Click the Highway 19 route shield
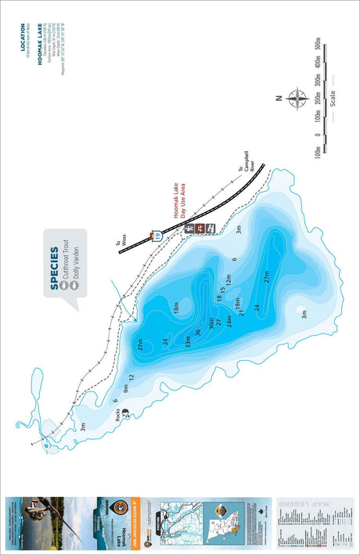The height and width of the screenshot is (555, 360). (x=157, y=235)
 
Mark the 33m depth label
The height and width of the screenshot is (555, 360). (x=188, y=341)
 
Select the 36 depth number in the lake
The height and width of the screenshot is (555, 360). (x=198, y=331)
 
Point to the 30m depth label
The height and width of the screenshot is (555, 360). (x=211, y=321)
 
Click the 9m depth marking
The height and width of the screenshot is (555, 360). (x=125, y=387)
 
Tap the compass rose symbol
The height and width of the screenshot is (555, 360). (x=298, y=99)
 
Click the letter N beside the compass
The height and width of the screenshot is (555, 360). (x=279, y=99)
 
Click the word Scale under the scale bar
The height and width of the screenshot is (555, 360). (x=333, y=99)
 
